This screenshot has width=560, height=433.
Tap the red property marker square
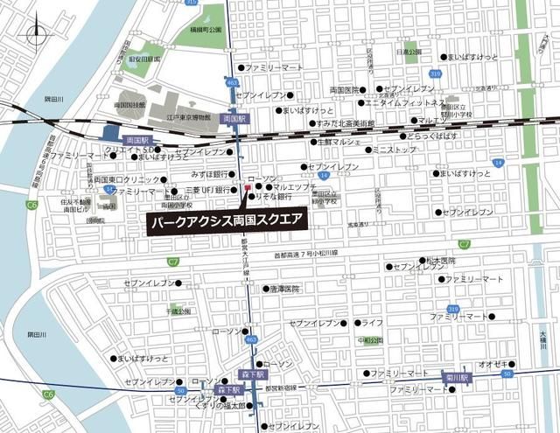tap(248, 187)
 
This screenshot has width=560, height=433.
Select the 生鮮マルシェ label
tap(339, 141)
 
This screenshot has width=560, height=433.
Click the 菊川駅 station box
tap(458, 377)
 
